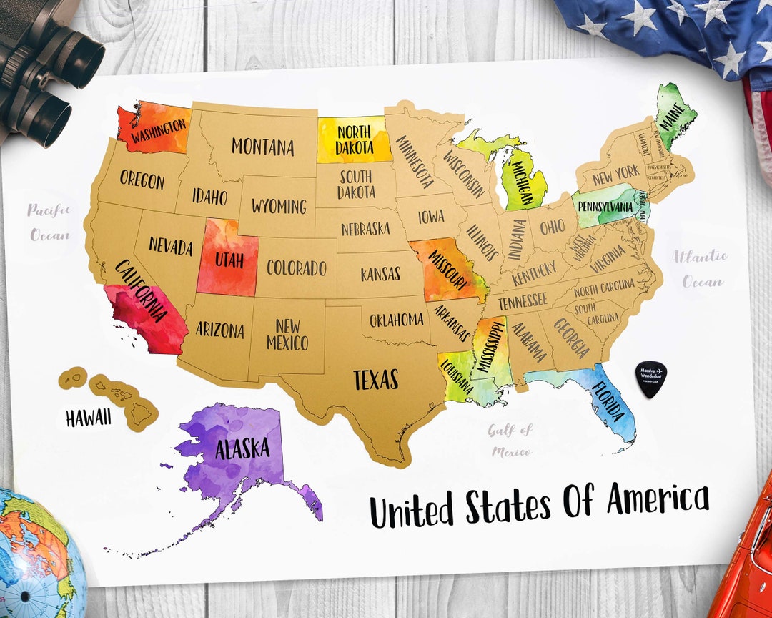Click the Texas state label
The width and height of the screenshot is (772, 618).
375,379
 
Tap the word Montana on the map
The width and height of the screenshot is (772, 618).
262,147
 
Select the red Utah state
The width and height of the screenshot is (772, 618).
227,258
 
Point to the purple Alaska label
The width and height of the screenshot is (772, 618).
242,448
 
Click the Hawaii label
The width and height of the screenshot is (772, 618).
89,418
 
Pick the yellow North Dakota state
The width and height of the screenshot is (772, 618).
355,140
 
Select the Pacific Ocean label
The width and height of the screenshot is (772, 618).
49,222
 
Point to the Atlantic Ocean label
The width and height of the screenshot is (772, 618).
700,268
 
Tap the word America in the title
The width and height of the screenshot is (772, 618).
658,499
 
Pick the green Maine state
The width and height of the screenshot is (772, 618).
674,114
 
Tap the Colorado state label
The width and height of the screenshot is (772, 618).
296,268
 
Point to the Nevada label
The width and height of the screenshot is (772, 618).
171,247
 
